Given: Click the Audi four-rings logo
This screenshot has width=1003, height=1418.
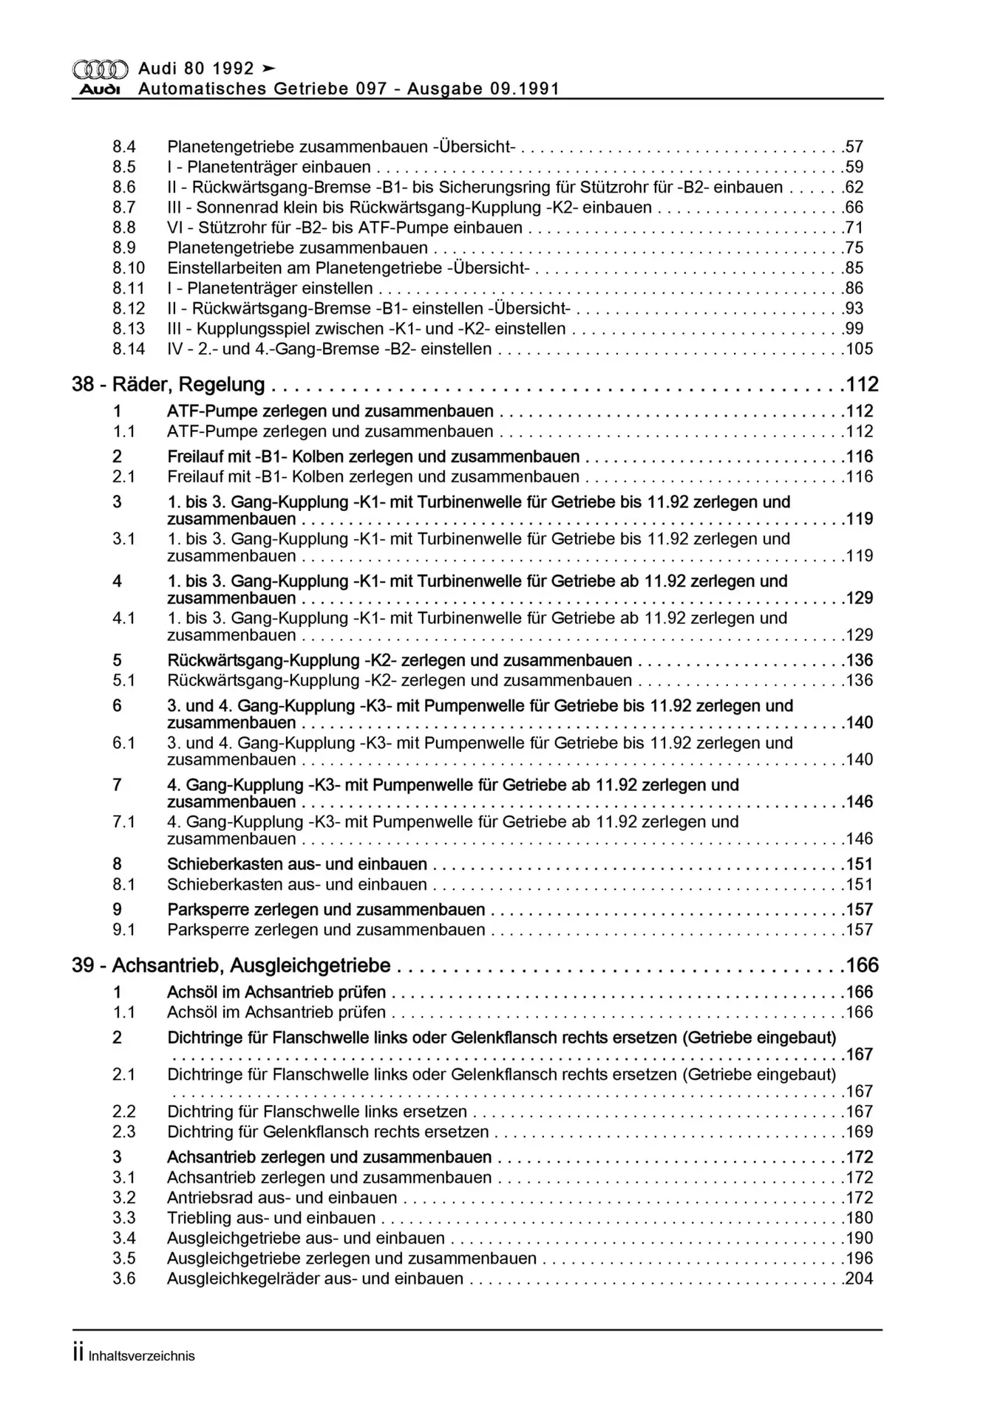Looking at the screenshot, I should [101, 69].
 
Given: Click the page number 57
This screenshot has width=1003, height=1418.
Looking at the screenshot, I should [854, 147].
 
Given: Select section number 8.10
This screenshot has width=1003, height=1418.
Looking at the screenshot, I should [129, 268].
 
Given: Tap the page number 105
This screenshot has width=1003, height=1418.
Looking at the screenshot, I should [860, 349].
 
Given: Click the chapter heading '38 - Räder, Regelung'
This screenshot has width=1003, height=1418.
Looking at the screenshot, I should [169, 384].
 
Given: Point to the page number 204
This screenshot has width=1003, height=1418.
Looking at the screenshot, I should [860, 1278].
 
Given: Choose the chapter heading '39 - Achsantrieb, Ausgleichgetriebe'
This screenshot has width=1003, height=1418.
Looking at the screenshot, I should [231, 965].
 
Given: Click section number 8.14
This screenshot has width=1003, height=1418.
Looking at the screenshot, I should [129, 349].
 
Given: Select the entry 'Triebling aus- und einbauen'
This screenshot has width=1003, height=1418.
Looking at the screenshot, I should [271, 1218].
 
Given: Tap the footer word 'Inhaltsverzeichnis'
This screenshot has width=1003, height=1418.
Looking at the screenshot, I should [141, 1356].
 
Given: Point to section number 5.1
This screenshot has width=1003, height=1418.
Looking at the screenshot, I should [123, 680].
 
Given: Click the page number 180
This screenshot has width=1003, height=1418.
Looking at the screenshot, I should [860, 1218].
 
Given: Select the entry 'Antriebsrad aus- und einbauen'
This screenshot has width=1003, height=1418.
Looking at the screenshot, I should [282, 1198].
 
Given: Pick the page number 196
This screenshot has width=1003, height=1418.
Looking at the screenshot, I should [860, 1258].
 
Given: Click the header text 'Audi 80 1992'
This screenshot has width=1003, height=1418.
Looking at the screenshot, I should [196, 69].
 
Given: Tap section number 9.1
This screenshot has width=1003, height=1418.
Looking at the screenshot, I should [123, 930].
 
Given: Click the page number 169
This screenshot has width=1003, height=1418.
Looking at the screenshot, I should [860, 1131].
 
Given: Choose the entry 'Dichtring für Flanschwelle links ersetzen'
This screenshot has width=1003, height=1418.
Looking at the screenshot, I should [317, 1112].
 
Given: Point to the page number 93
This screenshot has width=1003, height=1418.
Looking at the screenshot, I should [854, 308].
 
